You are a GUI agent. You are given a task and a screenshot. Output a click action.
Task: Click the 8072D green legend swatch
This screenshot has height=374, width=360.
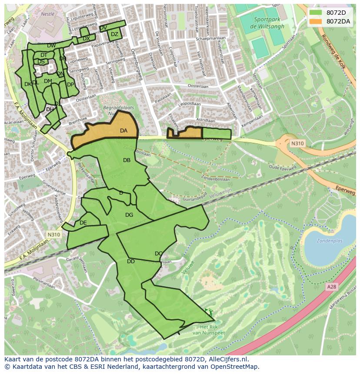pos(316,13)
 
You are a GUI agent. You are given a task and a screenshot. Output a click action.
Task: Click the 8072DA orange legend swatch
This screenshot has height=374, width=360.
pos(316,21)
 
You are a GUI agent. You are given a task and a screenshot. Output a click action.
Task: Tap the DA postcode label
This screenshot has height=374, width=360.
pos(123,131)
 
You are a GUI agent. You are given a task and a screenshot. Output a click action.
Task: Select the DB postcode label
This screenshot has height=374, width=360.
pos(127,160)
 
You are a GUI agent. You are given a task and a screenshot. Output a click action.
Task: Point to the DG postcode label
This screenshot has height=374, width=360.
pos(129,215)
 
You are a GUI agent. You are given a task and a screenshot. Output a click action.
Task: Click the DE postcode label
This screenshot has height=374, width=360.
pos(83,223)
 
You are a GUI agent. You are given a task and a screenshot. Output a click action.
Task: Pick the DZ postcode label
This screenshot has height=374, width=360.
pos(114,34)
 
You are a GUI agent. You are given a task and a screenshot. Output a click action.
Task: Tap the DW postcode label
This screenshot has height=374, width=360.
pos(51,46)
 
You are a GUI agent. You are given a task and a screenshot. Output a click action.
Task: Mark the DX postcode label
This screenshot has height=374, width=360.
pos(86,39)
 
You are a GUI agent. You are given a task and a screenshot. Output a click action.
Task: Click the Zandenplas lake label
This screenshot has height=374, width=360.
pos(330,241)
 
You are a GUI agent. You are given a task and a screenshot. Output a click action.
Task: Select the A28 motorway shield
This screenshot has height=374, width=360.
pos(332,287)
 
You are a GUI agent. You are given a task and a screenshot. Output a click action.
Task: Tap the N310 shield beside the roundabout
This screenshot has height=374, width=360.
pos(297,143)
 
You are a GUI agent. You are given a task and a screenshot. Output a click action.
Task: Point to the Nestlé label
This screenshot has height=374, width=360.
pos(47,14)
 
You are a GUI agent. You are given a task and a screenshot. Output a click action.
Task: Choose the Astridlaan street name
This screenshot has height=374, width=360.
pos(205,120)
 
